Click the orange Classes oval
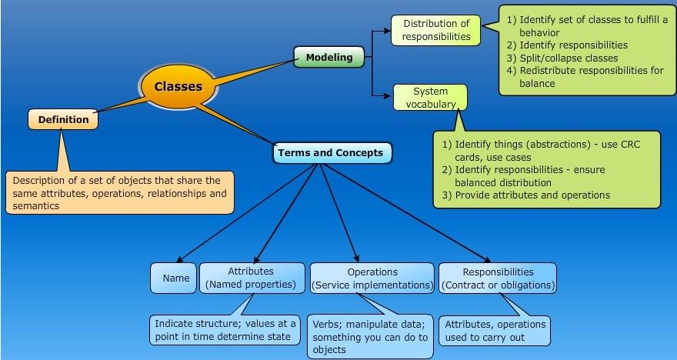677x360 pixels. point(178,86)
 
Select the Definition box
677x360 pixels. point(64,120)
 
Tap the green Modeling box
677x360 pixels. point(329,58)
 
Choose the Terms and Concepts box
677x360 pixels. point(331,153)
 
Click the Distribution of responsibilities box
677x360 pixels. point(436,30)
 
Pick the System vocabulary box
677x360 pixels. point(430,97)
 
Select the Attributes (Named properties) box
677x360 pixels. point(251,278)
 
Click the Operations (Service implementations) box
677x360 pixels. point(372,278)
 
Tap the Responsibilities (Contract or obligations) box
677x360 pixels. point(498,278)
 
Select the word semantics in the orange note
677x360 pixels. point(35,206)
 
